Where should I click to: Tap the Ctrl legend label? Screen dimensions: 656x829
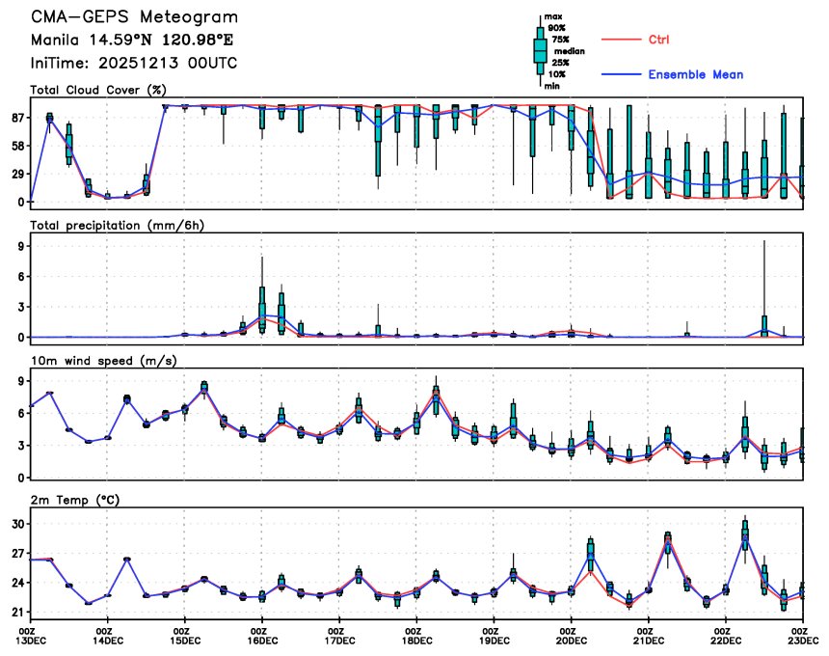658,40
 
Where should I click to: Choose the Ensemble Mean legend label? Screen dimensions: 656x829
695,74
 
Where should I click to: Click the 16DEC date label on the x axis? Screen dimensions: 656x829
262,640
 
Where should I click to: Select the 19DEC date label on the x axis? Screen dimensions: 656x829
494,640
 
